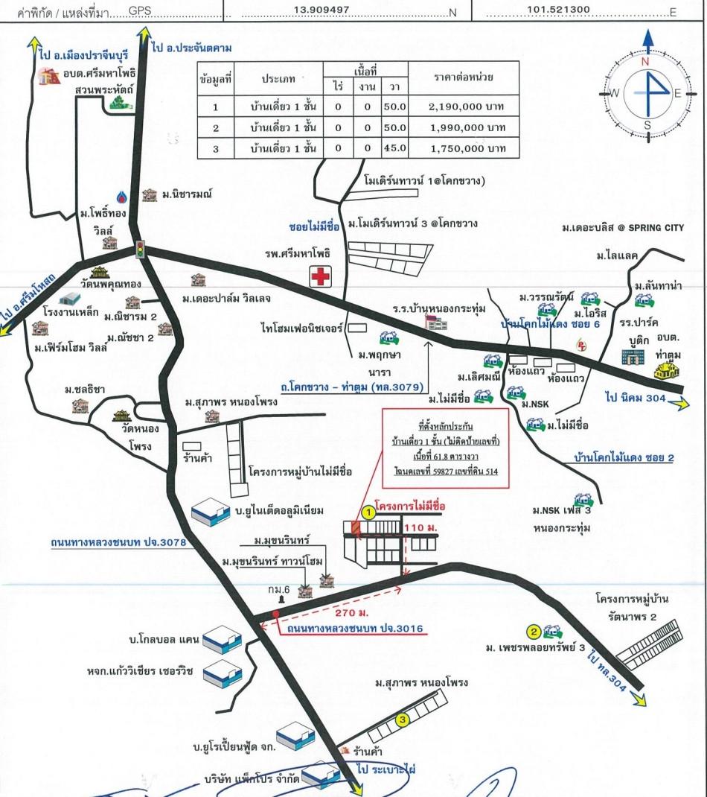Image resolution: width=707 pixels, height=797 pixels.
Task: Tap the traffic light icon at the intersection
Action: pos(139,250)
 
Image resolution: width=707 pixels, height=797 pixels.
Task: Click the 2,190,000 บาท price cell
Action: pos(467,107)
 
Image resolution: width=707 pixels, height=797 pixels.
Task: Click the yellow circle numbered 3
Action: pos(402,720)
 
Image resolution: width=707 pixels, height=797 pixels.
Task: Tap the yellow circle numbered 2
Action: pos(534,632)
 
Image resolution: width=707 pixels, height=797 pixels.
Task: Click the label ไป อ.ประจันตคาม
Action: pos(191,48)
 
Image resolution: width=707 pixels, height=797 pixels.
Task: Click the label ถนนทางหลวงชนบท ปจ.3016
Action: pos(354,629)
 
